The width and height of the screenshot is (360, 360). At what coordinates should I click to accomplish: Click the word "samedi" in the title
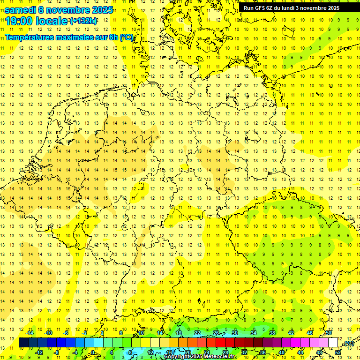point(20,10)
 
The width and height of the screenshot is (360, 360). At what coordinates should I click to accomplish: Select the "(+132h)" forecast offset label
point(83,21)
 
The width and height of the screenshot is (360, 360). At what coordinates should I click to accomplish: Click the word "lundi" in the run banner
point(286,8)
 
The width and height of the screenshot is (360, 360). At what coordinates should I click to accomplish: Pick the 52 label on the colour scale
point(337,352)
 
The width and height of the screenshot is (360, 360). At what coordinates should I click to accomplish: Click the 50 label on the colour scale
point(329,333)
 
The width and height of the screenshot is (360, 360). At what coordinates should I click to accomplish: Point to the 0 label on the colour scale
point(93,352)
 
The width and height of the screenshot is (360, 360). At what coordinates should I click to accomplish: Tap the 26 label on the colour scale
point(216,333)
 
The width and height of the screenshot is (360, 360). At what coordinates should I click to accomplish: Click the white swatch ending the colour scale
point(333,343)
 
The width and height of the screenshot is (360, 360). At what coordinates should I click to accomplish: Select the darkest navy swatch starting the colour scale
point(23,343)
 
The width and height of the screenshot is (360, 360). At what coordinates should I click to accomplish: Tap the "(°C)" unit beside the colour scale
point(348,344)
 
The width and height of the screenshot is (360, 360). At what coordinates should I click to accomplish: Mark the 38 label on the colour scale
point(272,333)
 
